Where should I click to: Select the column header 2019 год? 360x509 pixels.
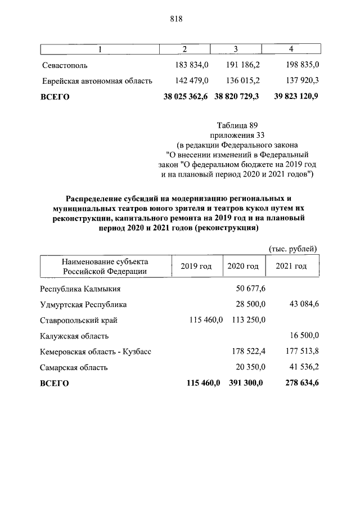tap(196, 266)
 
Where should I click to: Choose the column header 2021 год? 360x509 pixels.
tap(291, 266)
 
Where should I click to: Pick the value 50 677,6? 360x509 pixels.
tap(250, 289)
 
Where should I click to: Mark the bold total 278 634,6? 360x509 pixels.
tap(298, 384)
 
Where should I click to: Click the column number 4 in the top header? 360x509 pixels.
tap(291, 49)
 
